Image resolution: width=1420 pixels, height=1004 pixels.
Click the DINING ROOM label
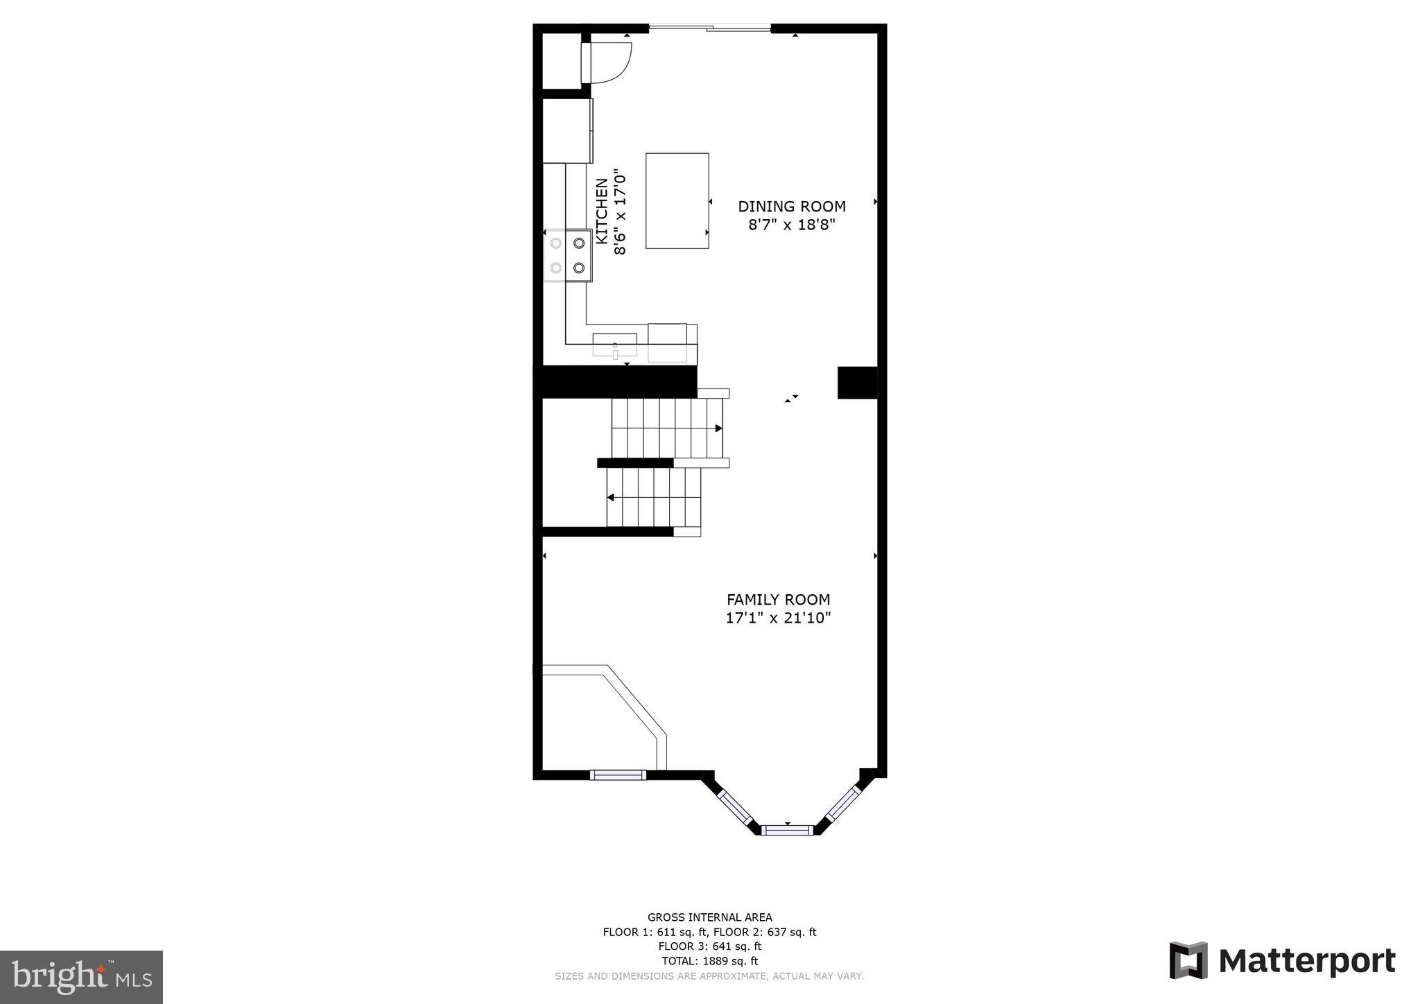click(x=791, y=206)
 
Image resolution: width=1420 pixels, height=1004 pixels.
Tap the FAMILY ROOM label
click(x=778, y=599)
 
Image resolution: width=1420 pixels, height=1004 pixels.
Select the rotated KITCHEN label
click(x=602, y=211)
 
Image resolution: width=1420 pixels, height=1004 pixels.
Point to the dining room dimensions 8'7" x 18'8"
click(x=791, y=225)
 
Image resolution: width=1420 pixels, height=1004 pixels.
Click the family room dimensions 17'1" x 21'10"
click(x=778, y=618)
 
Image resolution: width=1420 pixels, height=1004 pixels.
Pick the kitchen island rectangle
click(x=677, y=200)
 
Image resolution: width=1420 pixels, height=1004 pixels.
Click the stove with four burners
click(x=568, y=255)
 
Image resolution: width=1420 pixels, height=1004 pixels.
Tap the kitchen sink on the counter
click(x=614, y=345)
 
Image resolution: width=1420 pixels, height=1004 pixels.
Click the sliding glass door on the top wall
click(x=709, y=28)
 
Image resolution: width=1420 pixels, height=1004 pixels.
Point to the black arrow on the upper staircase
click(x=718, y=429)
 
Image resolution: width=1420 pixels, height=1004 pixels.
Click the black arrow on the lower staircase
click(x=611, y=497)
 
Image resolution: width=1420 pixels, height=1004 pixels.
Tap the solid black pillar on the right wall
click(x=857, y=383)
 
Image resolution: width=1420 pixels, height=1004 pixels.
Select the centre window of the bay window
click(x=787, y=829)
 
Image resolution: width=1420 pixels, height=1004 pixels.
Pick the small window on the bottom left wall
click(x=618, y=774)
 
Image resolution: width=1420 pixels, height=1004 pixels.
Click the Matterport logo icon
click(x=1188, y=960)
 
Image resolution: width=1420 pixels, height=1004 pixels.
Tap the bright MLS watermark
click(x=81, y=977)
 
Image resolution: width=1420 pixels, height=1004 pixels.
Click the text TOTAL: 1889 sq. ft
click(x=709, y=961)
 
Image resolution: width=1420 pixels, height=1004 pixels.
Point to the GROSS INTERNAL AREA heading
click(x=709, y=917)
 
